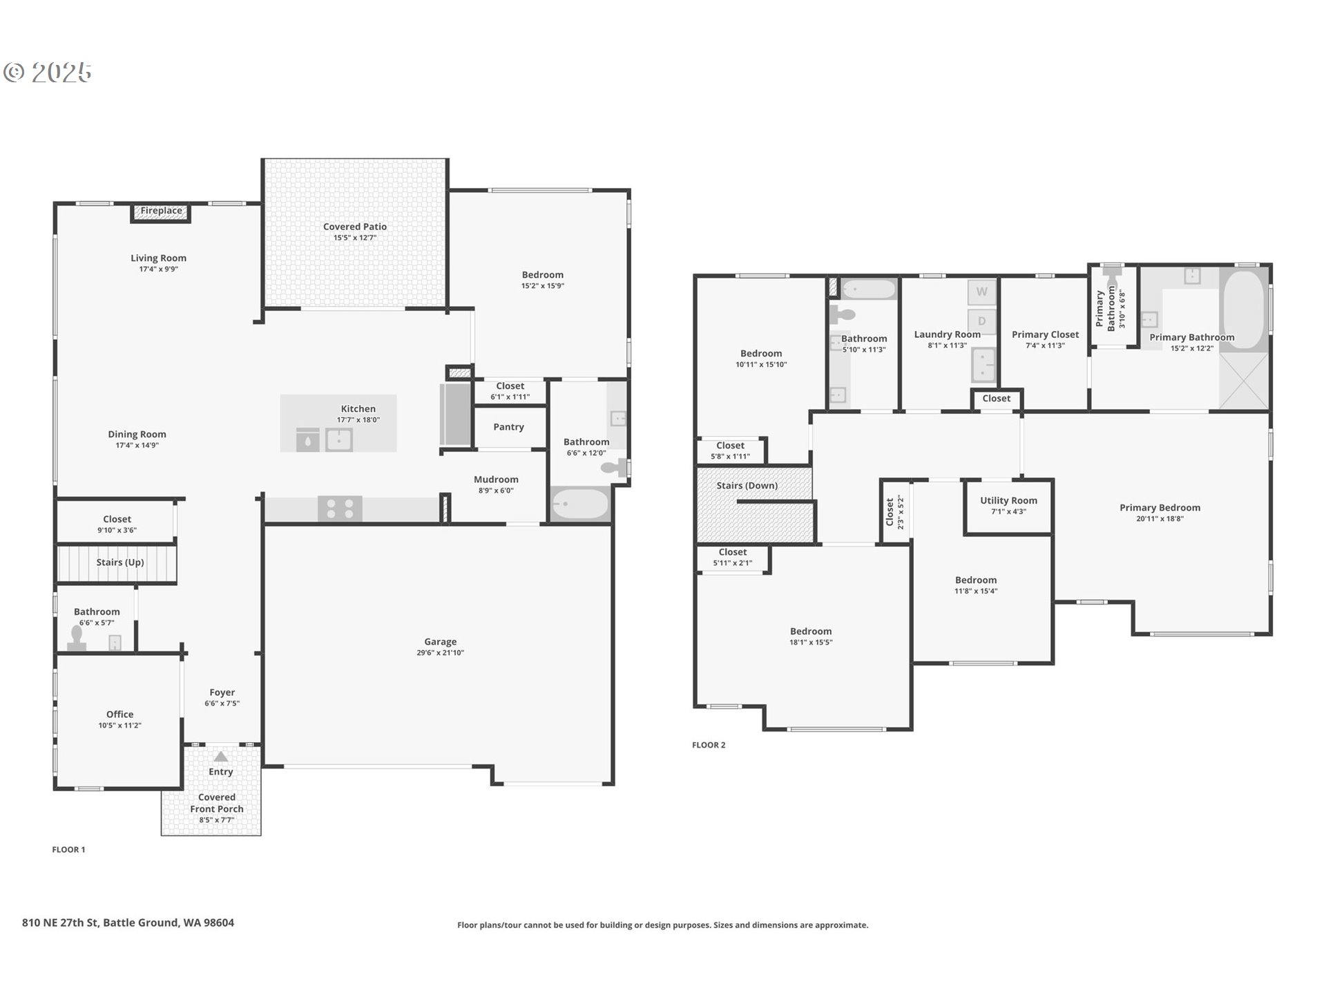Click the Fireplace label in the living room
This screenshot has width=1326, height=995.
[162, 211]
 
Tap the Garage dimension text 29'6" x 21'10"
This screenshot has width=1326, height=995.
[440, 653]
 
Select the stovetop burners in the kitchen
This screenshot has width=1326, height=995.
[340, 509]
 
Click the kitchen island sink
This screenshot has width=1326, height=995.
[338, 439]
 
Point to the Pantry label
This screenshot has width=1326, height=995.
[508, 427]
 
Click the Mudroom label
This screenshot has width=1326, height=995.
[496, 480]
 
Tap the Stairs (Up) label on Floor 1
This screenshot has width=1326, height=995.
[120, 562]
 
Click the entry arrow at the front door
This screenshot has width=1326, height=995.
[220, 757]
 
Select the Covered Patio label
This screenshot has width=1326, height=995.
[355, 227]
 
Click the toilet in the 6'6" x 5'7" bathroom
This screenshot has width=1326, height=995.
[76, 638]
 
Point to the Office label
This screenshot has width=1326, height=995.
[119, 714]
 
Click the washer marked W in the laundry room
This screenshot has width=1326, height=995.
[981, 292]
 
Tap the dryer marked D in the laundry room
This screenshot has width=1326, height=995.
[981, 321]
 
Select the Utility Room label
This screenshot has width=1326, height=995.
[1008, 500]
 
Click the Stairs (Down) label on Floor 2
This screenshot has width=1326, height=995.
[747, 486]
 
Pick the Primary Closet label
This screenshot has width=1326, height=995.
[1045, 334]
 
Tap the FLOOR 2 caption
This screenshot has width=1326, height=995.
[709, 745]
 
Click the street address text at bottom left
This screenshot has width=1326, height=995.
[128, 922]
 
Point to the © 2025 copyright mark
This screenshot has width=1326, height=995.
[47, 72]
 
